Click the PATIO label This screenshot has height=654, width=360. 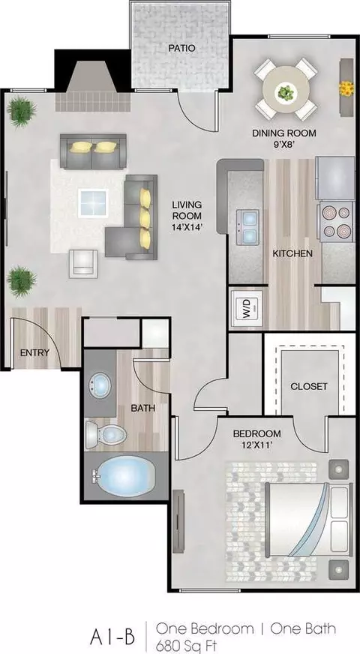181,49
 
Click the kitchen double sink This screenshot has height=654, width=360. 247,227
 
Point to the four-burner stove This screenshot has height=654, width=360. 336,221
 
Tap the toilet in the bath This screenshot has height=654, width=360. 106,434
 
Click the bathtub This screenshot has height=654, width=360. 124,475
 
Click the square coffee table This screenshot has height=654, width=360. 94,202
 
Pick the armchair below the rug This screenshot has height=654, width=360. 83,263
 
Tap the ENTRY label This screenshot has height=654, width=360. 35,352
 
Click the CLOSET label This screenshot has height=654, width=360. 309,386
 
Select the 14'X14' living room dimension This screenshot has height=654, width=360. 187,227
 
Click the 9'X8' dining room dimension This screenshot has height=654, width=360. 284,145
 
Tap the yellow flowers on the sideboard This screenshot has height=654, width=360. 346,88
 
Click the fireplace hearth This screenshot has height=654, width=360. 93,101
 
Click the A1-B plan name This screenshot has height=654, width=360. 112,637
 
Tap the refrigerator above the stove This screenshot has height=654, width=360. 335,178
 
